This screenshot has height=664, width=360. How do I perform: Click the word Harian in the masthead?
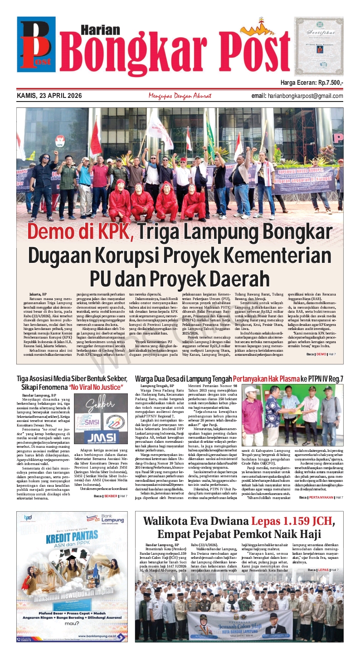(93, 29)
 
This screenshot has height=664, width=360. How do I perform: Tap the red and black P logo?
(35, 43)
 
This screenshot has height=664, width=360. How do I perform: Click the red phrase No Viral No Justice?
(96, 388)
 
